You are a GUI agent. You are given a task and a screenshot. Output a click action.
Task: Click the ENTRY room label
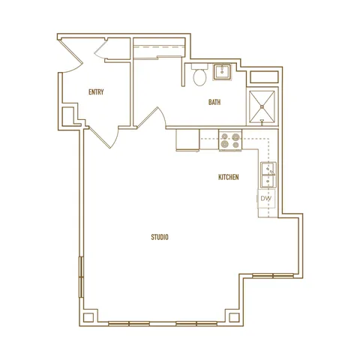[x=96, y=92]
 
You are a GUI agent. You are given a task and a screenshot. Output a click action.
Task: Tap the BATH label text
[x=214, y=102]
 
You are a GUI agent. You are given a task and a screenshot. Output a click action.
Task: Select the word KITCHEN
[x=229, y=177]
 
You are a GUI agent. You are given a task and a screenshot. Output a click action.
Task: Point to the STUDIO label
[x=160, y=237]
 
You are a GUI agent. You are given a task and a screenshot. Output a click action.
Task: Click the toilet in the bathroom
[x=199, y=75]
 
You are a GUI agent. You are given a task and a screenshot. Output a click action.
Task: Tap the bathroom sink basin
[x=222, y=72]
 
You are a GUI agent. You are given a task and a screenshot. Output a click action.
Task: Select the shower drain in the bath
[x=262, y=107]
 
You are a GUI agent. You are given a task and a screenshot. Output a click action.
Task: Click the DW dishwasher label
[x=265, y=199]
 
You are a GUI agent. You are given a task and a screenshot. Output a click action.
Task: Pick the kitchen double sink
[x=268, y=175]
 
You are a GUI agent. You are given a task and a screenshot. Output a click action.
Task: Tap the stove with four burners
[x=230, y=140]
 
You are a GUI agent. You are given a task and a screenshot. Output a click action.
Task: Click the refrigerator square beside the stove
[x=187, y=139]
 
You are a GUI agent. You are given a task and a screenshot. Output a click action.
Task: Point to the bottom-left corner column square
[x=88, y=317]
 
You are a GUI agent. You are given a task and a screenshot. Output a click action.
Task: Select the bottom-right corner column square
[x=234, y=317]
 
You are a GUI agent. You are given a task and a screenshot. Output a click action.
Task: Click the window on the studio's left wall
[x=81, y=277]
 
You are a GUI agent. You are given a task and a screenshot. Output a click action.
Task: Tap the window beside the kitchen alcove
[x=273, y=276]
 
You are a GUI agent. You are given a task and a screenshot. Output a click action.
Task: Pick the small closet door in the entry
[x=100, y=48]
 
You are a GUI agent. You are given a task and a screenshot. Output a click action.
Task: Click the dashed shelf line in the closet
[x=159, y=46]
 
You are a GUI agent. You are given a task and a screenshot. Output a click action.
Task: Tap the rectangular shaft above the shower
[x=264, y=77]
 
